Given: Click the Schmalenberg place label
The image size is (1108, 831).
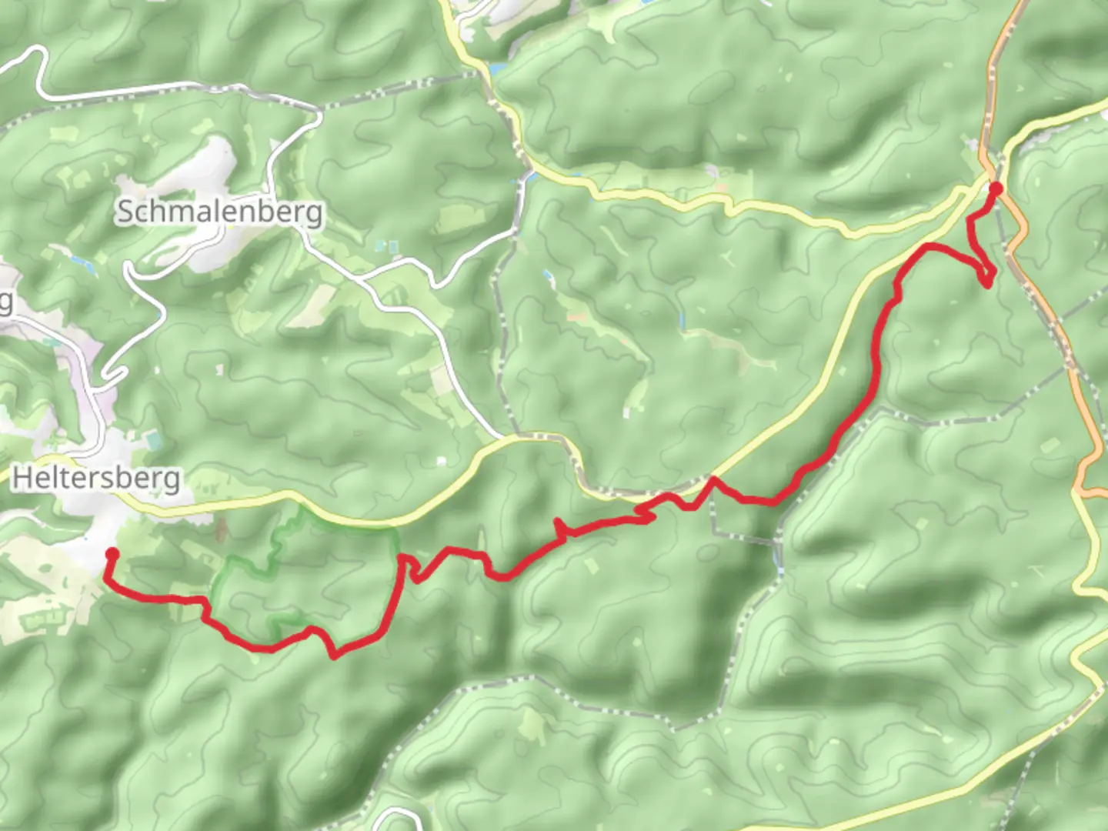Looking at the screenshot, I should point(219,212).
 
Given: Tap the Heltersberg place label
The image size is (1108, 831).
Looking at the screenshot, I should point(97,478).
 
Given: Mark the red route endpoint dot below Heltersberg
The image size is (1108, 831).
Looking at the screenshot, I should point(111,553).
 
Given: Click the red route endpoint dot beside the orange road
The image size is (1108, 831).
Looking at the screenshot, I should point(996,189).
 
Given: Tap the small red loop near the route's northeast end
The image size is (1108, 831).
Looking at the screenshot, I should point(986,276).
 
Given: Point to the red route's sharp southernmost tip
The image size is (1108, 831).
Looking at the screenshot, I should point(333,656).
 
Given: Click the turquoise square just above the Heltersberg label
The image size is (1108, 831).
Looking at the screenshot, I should point(150,439).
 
